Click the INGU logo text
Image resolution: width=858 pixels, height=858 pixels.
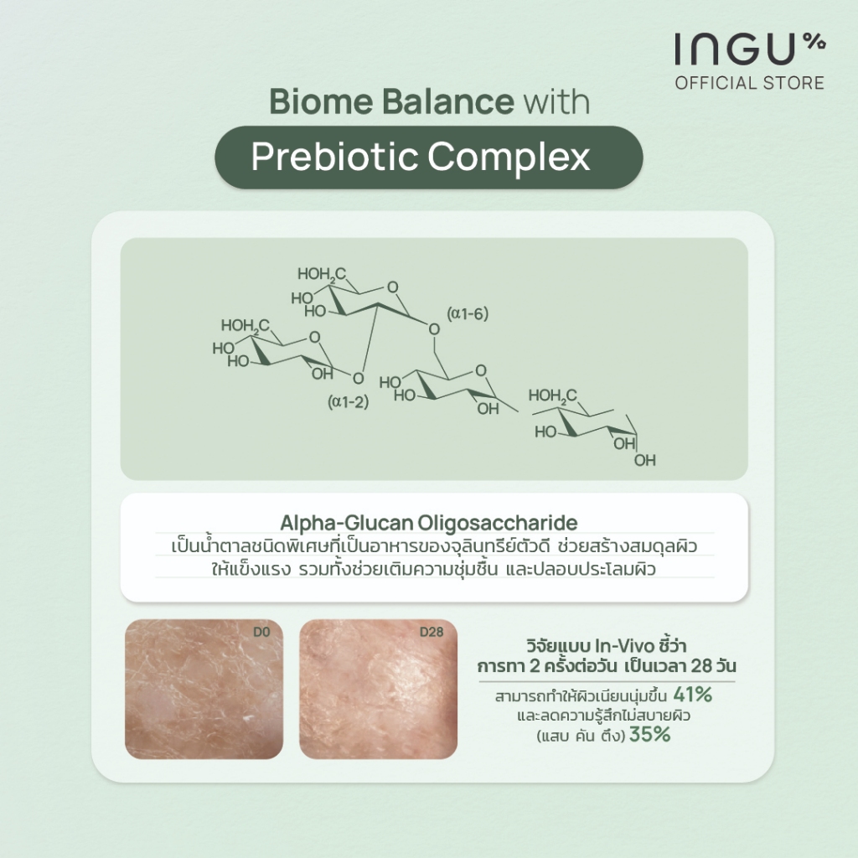734,49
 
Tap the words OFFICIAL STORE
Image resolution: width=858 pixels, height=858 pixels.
750,83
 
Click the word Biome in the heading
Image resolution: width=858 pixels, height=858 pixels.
321,101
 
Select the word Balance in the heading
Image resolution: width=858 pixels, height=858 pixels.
448,101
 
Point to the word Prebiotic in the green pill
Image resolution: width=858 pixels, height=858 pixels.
334,157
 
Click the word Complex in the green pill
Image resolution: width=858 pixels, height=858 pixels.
509,158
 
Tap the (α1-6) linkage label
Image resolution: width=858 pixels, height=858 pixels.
468,313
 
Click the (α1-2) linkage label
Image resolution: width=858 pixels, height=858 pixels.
348,402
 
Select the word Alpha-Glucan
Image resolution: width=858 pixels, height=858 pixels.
346,523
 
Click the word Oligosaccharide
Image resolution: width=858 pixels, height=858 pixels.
498,523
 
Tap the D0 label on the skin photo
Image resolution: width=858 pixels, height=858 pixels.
261,632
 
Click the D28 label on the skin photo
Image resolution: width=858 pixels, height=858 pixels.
432,632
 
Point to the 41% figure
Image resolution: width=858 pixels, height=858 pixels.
693,695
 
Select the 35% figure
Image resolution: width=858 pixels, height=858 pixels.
650,734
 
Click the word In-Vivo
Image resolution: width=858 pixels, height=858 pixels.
624,646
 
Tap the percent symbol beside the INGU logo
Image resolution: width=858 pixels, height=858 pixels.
814,41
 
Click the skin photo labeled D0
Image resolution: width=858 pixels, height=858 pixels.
204,689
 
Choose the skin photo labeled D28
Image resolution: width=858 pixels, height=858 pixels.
378,689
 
